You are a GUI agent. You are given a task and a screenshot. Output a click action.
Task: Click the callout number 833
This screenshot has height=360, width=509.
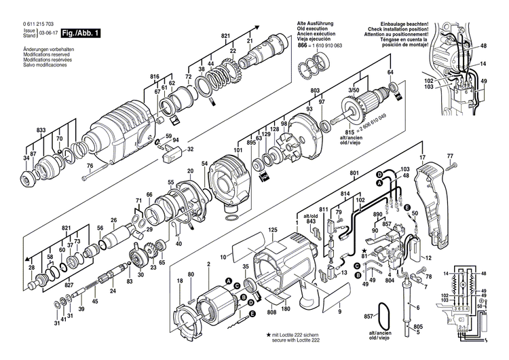[x=41, y=130]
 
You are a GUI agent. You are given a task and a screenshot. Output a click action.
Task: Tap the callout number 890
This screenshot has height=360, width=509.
[x=378, y=215]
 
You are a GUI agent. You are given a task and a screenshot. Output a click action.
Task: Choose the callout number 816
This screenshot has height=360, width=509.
[x=155, y=77]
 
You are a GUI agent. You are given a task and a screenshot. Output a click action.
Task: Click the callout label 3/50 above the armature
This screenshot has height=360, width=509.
[x=373, y=90]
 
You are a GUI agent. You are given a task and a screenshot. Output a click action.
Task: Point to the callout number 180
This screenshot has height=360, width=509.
[x=286, y=309]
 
